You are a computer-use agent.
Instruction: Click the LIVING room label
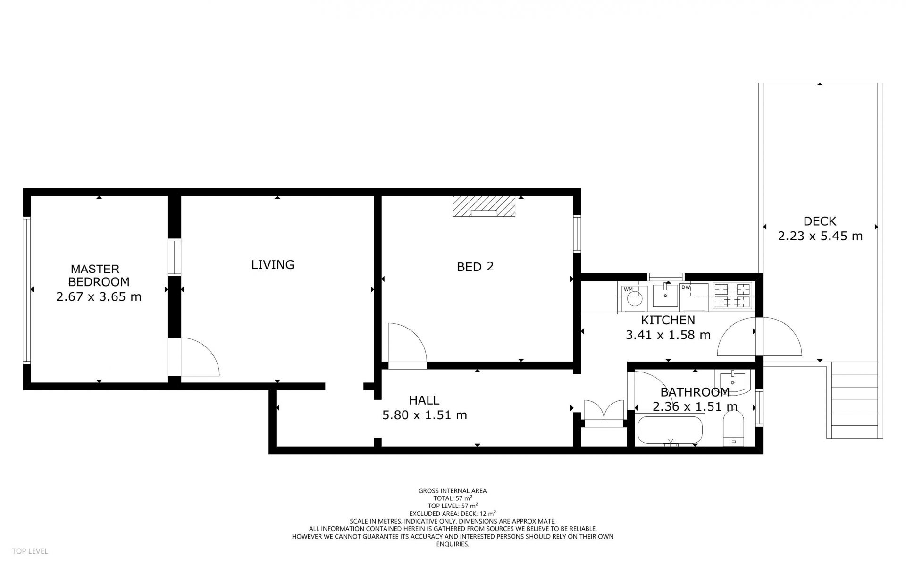[273, 265]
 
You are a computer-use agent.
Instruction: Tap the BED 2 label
[475, 267]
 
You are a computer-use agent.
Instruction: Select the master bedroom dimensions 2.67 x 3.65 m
[99, 297]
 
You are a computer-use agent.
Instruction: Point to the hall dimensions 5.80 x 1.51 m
[425, 415]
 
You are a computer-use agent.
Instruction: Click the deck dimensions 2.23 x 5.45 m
[820, 236]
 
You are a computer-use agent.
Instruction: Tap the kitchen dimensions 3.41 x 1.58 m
[668, 335]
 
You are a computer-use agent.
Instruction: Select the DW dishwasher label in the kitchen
[686, 287]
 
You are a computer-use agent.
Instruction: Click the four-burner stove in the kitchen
[732, 296]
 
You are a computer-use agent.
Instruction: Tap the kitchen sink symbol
[665, 295]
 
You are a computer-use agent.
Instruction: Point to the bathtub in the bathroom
[670, 430]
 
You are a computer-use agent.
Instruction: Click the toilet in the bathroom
[733, 429]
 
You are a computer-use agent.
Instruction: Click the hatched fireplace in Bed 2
[484, 207]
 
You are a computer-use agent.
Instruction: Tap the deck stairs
[854, 400]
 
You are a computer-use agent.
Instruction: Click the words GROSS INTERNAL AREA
[453, 491]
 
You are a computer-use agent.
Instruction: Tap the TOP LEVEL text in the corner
[30, 551]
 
